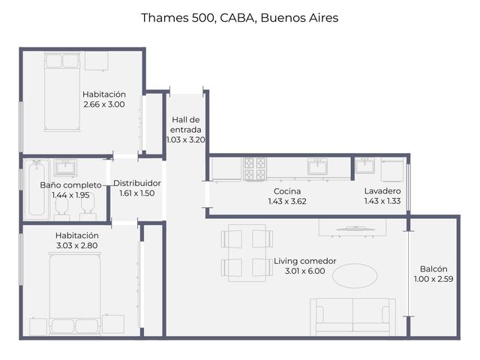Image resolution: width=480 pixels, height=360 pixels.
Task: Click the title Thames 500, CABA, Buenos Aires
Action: (x=240, y=18)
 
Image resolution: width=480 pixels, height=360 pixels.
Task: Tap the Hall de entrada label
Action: (x=186, y=124)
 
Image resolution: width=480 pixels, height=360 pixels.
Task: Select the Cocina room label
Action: (x=287, y=191)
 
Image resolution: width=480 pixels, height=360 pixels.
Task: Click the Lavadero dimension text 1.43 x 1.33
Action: (x=382, y=201)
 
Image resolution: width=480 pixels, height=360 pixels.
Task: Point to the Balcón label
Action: (x=433, y=268)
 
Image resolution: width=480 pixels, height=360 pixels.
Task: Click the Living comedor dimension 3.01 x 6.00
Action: (x=305, y=271)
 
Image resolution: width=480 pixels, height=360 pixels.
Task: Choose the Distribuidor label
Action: (x=137, y=183)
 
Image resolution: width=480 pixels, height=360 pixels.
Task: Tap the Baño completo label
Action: (x=70, y=185)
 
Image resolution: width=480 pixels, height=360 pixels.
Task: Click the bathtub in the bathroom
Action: (x=37, y=188)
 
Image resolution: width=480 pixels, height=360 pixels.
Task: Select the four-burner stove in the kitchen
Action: (x=255, y=169)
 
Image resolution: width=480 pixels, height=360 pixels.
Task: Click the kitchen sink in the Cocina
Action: (x=317, y=166)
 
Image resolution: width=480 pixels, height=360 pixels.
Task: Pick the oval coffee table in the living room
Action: (x=355, y=275)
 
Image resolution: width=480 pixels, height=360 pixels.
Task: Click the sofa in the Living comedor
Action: (x=352, y=317)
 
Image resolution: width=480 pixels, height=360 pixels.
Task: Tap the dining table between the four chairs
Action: (x=247, y=253)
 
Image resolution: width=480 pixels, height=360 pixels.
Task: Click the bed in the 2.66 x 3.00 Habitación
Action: (x=62, y=91)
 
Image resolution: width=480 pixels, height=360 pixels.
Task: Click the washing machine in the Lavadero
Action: (x=392, y=170)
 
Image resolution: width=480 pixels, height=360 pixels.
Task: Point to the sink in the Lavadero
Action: (x=364, y=166)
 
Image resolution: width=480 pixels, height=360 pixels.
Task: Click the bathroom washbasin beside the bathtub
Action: (x=65, y=167)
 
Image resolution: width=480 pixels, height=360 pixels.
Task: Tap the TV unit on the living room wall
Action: (x=352, y=228)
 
